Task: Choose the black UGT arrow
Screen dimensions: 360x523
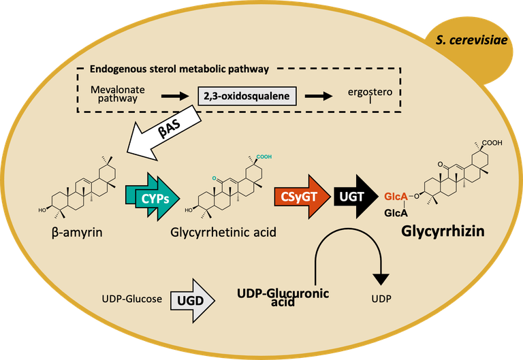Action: coord(353,197)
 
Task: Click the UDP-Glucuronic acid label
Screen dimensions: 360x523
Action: coord(283,297)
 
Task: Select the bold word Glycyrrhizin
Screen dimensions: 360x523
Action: coord(442,231)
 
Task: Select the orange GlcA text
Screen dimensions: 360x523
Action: coord(396,197)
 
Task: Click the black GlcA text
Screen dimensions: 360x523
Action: coord(396,212)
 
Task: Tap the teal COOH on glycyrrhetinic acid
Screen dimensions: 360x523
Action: coord(263,157)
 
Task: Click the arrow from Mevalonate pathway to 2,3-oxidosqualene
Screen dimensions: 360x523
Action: coord(174,96)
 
